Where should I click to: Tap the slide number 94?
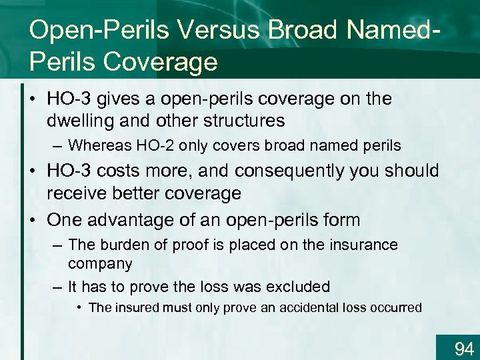click(463, 348)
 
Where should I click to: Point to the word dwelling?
click(77, 121)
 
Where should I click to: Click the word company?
click(100, 263)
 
